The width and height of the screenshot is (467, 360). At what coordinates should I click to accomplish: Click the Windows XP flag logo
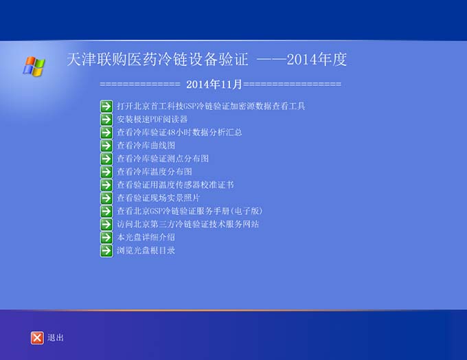(x=34, y=66)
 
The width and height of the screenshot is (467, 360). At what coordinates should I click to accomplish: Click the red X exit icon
(x=37, y=338)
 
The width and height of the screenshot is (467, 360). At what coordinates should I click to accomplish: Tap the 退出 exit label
(x=56, y=337)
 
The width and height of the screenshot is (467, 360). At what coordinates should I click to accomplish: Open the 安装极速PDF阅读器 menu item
(x=152, y=120)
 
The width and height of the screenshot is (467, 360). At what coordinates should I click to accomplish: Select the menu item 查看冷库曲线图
(x=146, y=146)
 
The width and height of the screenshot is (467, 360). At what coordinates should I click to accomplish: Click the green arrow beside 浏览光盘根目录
(x=106, y=251)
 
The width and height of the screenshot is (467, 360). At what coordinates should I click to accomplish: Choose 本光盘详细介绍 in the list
(x=146, y=238)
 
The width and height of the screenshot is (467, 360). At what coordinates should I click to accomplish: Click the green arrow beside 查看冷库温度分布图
(x=106, y=172)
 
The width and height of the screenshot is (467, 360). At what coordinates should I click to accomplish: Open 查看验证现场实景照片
(x=159, y=198)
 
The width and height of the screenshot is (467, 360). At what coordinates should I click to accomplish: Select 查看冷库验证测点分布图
(x=163, y=159)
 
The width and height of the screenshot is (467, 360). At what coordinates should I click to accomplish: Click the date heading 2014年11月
(x=214, y=85)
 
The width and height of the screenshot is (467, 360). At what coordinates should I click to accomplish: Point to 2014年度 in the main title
(x=317, y=59)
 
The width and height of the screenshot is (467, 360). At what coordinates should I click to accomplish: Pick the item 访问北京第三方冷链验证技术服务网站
(x=188, y=224)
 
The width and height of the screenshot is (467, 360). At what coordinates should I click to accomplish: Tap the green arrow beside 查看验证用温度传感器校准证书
(x=106, y=185)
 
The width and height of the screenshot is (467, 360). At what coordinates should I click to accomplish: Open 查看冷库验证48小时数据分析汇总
(x=179, y=133)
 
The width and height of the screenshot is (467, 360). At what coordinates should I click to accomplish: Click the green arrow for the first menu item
(x=106, y=106)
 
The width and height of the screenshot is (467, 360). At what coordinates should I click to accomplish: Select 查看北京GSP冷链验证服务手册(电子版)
(x=190, y=211)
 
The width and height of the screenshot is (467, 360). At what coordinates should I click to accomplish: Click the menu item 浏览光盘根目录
(x=146, y=250)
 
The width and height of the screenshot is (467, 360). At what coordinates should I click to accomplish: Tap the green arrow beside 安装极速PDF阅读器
(x=106, y=120)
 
